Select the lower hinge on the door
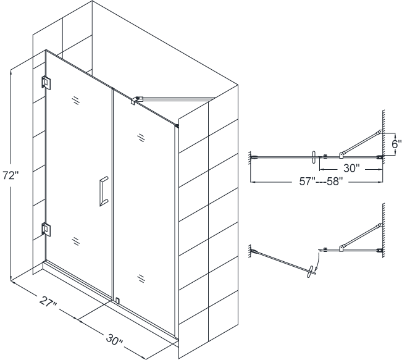click(46, 229)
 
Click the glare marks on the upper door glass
click(77, 99)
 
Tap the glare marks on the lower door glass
click(77, 241)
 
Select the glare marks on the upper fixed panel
click(142, 137)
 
